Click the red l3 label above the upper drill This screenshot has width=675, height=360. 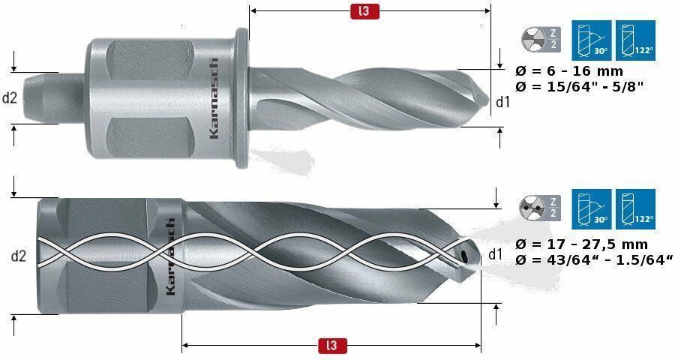click(364, 10)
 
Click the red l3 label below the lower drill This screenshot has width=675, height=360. click(332, 346)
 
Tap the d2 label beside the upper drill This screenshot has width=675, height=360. click(10, 98)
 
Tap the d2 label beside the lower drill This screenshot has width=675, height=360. click(19, 256)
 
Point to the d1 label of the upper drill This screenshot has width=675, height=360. click(502, 102)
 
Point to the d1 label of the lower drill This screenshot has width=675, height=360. click(496, 254)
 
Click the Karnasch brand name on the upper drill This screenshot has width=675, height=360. click(213, 98)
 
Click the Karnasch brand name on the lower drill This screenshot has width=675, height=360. click(170, 256)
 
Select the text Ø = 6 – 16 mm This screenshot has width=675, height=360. click(569, 70)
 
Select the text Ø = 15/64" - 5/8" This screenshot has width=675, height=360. click(579, 86)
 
